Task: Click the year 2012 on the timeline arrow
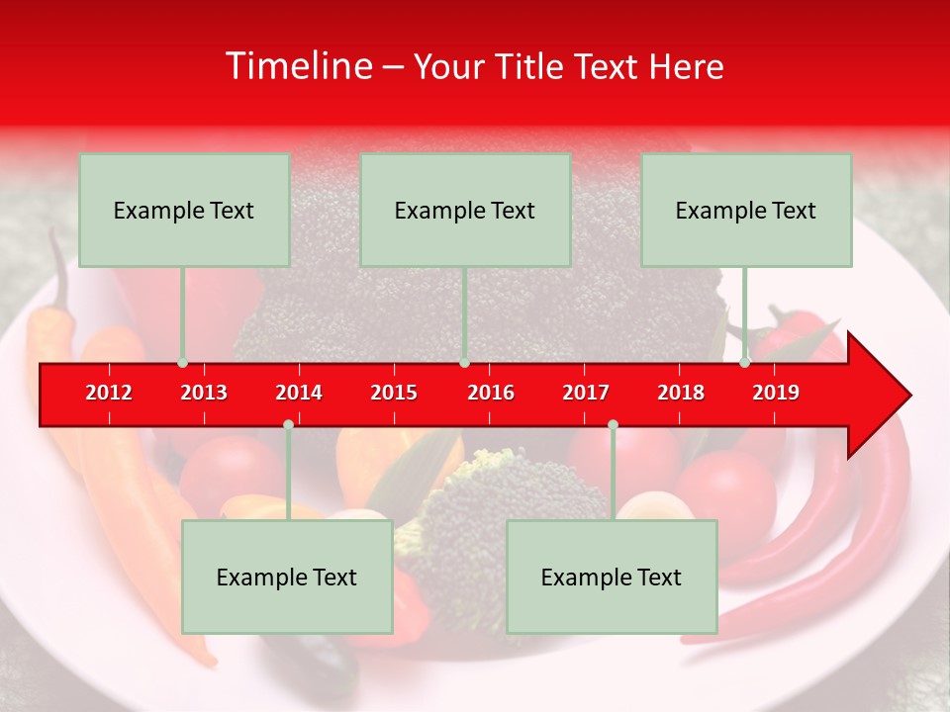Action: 109,393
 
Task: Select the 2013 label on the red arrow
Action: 204,393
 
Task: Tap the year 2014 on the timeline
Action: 299,393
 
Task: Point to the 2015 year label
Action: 394,393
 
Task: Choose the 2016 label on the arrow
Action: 491,393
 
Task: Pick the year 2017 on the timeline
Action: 586,393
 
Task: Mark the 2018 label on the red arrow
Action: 681,393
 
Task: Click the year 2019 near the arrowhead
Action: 776,393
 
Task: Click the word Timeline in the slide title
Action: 297,66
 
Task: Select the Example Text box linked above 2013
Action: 184,210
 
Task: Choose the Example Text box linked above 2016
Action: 465,210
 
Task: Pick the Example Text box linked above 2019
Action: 746,210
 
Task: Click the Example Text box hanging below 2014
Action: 287,577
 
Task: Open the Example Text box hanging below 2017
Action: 612,577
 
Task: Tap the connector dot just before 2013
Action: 183,363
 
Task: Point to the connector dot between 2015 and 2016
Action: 464,363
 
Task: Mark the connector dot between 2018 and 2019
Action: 745,363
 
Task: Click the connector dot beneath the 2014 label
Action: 288,424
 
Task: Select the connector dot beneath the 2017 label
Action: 613,424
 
